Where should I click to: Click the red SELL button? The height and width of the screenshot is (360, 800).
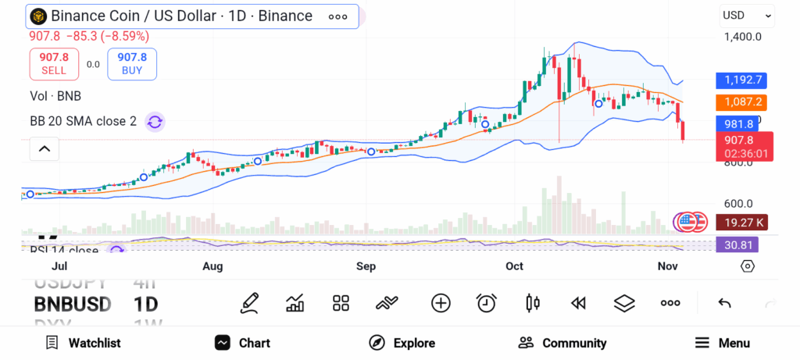point(54,64)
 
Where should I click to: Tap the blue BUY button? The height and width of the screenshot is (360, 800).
point(132,64)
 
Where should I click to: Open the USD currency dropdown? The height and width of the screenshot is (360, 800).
point(746,16)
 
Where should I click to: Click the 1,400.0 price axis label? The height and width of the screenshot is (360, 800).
point(742,37)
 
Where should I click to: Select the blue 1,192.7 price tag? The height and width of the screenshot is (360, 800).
point(741,80)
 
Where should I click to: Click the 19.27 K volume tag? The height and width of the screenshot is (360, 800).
point(741,223)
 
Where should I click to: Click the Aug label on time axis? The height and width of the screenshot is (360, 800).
point(212,266)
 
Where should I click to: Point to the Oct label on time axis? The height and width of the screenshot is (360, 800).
point(514,266)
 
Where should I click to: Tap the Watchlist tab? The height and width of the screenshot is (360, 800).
point(83,343)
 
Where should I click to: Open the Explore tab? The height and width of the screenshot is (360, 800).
point(402,343)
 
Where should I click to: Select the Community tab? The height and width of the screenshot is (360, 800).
point(562,343)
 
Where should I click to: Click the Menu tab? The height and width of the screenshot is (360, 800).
point(723,343)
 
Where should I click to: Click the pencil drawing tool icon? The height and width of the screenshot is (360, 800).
point(250,303)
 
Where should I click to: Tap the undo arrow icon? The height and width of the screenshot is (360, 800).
point(724,303)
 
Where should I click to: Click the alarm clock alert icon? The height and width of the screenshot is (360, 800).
point(487,303)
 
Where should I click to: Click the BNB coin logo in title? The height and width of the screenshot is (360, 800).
point(37,16)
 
